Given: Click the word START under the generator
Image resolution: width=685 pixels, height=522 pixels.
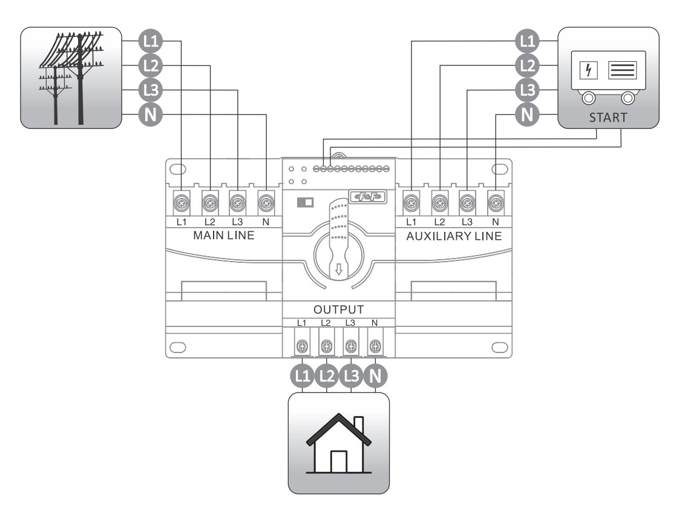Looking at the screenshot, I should (608, 117).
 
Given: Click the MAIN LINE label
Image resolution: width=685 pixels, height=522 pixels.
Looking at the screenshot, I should (223, 236).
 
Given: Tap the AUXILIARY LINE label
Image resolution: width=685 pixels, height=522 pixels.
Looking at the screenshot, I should (454, 236).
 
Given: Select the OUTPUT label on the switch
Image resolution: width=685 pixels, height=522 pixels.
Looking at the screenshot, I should (338, 309).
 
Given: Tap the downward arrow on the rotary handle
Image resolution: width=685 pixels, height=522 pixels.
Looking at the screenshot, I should (338, 269).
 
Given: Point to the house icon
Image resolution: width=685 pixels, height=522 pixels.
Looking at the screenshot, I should (338, 443).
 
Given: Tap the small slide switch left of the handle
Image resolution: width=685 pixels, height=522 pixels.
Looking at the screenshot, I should (304, 202).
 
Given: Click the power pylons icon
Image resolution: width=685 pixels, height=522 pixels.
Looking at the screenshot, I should (71, 78).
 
